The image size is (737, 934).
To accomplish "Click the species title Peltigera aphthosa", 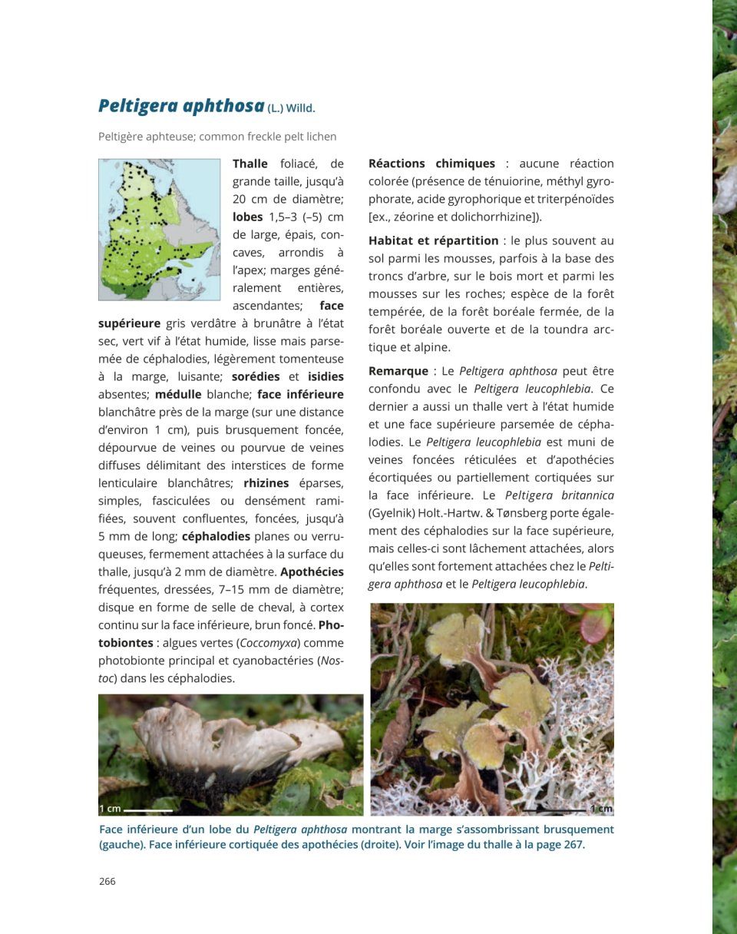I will point(181,106).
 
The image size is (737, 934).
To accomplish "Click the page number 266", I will point(107,881).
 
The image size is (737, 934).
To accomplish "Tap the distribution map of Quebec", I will point(159,229).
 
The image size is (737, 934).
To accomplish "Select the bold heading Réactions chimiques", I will point(431,164).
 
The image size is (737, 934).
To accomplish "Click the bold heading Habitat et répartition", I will point(433,240).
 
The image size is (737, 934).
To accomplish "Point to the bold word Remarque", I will point(398,371).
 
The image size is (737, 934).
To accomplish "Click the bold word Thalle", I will point(250,164).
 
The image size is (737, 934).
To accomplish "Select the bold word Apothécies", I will point(312,572).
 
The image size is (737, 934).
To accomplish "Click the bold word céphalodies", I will point(216,536).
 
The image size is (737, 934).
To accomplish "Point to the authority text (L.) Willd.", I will point(292,108).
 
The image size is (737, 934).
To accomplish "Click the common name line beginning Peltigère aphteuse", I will point(217,137).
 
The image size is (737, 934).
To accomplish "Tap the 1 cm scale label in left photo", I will point(110,809).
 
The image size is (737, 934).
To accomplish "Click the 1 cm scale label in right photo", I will point(601,808).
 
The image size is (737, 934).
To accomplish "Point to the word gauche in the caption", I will point(121,845).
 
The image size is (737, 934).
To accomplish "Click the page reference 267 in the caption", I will point(574,845).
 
